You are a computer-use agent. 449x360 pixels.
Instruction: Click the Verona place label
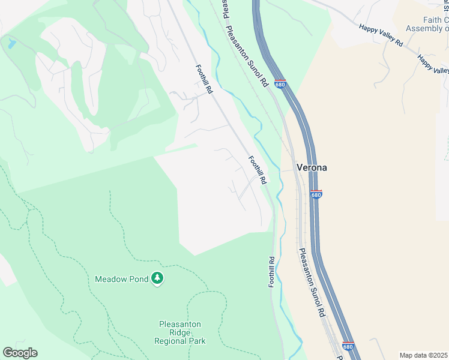pyautogui.click(x=312, y=168)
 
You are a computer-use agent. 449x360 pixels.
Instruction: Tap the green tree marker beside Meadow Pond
pyautogui.click(x=157, y=278)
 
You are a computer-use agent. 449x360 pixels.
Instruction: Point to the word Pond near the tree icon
pyautogui.click(x=138, y=279)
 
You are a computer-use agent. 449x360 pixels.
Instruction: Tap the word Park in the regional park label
pyautogui.click(x=196, y=341)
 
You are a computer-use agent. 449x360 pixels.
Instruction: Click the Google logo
pyautogui.click(x=20, y=353)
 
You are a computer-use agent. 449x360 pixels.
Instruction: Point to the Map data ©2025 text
pyautogui.click(x=423, y=355)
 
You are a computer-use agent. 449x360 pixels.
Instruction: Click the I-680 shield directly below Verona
pyautogui.click(x=316, y=194)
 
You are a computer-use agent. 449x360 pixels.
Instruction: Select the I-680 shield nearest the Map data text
pyautogui.click(x=348, y=346)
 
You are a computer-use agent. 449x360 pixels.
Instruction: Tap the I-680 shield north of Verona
pyautogui.click(x=280, y=84)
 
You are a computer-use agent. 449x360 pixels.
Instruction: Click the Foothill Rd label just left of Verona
pyautogui.click(x=258, y=169)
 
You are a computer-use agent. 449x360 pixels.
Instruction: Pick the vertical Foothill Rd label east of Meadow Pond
pyautogui.click(x=271, y=271)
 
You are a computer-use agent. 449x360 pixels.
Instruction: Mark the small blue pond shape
pyautogui.click(x=11, y=43)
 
